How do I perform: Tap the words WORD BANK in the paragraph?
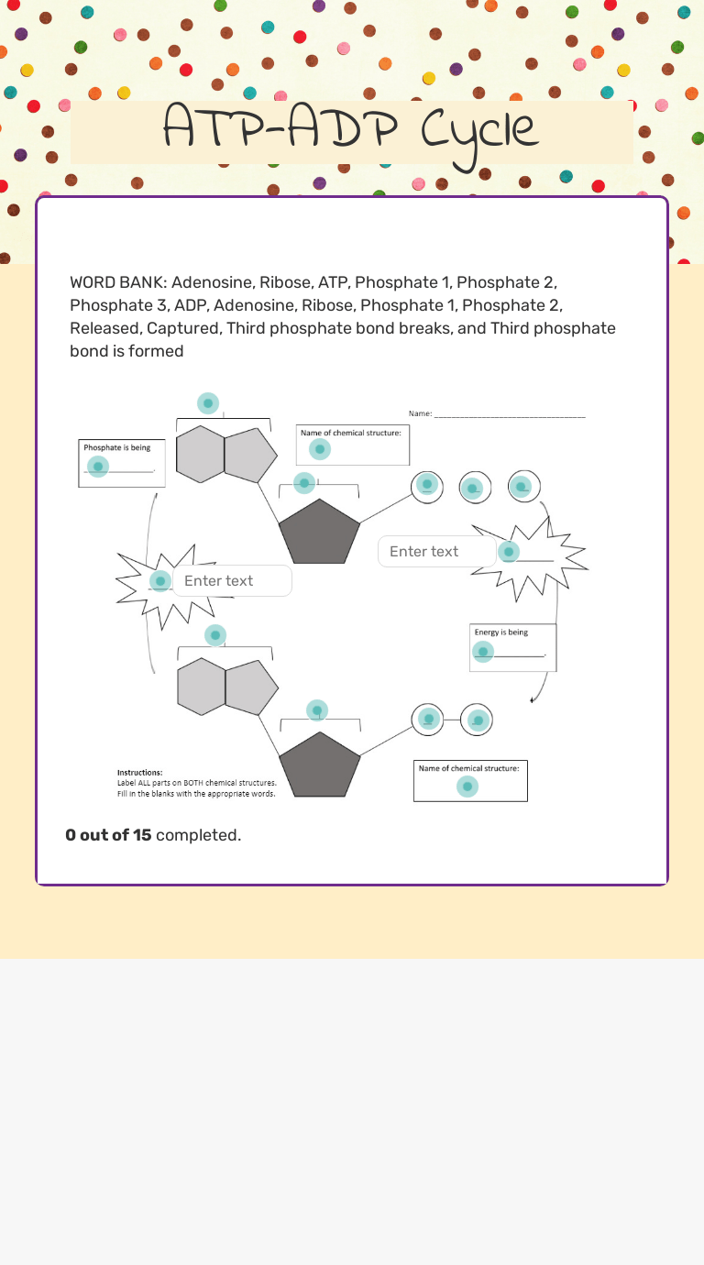point(117,282)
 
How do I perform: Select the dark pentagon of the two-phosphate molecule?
point(319,766)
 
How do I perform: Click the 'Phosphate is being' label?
point(117,447)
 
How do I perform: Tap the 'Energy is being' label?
point(500,632)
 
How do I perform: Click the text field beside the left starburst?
point(232,581)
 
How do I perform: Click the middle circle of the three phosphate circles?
point(474,488)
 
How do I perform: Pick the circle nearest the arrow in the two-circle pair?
point(477,720)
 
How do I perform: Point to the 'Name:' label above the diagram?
point(420,414)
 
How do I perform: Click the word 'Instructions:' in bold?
point(140,773)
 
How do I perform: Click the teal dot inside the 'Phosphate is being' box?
point(98,467)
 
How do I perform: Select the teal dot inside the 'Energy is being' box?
point(483,652)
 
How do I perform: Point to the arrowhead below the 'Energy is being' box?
point(533,700)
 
